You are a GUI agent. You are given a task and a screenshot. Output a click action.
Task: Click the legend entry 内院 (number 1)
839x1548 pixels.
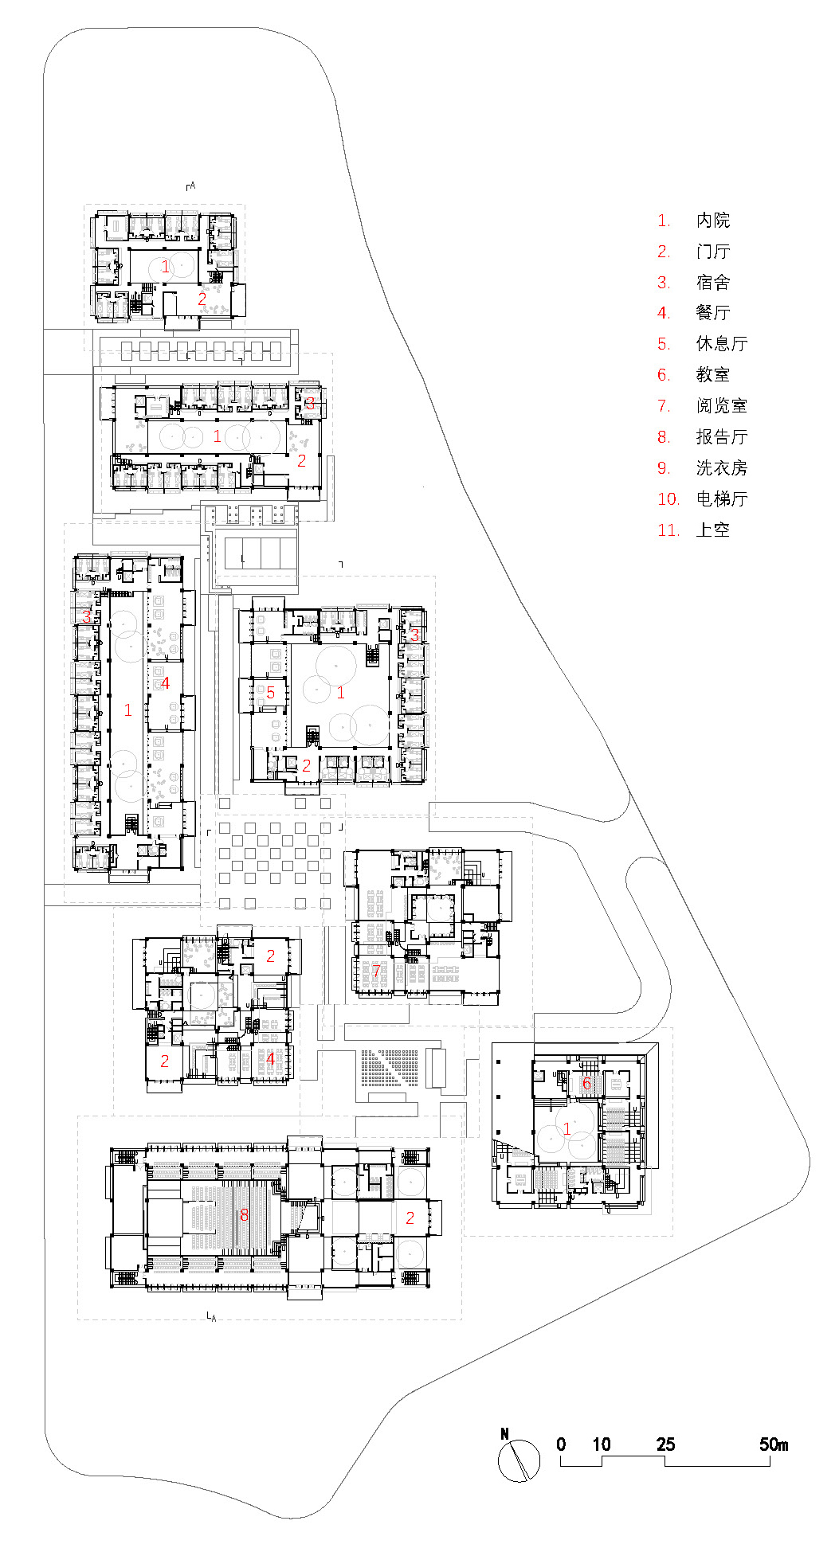click(x=712, y=221)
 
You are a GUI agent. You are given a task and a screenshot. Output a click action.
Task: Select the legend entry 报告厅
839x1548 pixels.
click(x=721, y=437)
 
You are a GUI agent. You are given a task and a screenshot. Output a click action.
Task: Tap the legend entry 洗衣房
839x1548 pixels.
click(x=721, y=468)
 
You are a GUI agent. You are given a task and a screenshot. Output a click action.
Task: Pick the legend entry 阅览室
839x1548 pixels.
click(x=721, y=406)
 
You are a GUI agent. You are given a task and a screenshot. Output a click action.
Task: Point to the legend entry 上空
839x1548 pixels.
click(x=712, y=530)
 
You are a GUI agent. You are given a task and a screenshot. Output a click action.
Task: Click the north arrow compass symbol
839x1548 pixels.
click(x=519, y=1460)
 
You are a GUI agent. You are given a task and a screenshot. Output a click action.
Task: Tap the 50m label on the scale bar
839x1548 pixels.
click(x=773, y=1444)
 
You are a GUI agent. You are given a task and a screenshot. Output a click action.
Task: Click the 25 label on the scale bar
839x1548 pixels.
click(x=665, y=1444)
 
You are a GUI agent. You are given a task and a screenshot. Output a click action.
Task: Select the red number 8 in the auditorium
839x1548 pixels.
click(x=245, y=1214)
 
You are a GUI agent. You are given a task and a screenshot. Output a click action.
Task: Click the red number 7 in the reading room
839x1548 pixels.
click(x=376, y=971)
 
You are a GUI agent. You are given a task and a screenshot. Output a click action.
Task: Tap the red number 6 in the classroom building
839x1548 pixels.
click(x=586, y=1084)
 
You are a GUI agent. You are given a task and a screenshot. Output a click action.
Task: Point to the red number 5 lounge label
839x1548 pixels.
click(x=271, y=693)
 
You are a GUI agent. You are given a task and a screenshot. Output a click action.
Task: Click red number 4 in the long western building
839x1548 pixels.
click(x=166, y=682)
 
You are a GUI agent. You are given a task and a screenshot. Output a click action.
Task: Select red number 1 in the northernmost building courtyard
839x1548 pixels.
click(x=165, y=266)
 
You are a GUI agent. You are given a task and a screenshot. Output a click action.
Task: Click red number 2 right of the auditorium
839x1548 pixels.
click(x=410, y=1218)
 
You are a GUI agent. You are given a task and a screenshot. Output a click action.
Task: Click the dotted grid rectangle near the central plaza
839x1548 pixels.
click(x=390, y=1067)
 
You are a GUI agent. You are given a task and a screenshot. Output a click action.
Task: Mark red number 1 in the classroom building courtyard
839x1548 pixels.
click(x=567, y=1129)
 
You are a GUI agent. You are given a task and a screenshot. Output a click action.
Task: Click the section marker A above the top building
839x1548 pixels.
click(x=191, y=186)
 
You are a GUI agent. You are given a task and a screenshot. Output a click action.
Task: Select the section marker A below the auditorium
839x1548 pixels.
click(x=211, y=1317)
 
